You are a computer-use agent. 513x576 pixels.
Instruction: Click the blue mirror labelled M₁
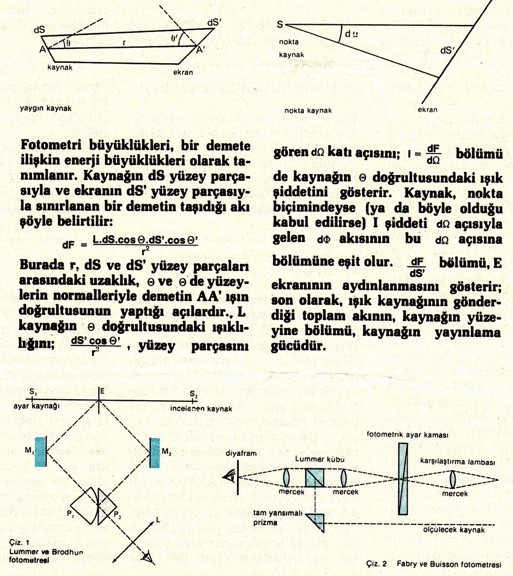(x=40, y=452)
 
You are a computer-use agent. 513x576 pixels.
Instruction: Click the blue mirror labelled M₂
(x=154, y=452)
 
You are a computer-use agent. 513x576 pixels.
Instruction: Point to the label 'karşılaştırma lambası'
(x=457, y=462)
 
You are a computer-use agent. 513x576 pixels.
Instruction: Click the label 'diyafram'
(x=241, y=453)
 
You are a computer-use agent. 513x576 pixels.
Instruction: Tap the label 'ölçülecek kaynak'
(x=454, y=529)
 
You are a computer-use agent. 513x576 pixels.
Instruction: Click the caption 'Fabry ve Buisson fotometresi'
(x=448, y=564)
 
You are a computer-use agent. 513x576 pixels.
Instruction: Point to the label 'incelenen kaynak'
(x=201, y=408)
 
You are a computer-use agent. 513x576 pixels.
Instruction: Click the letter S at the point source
(x=280, y=25)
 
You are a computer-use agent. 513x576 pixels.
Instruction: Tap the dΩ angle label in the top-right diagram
(x=351, y=33)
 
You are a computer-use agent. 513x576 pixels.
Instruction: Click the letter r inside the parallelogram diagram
(x=125, y=42)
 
